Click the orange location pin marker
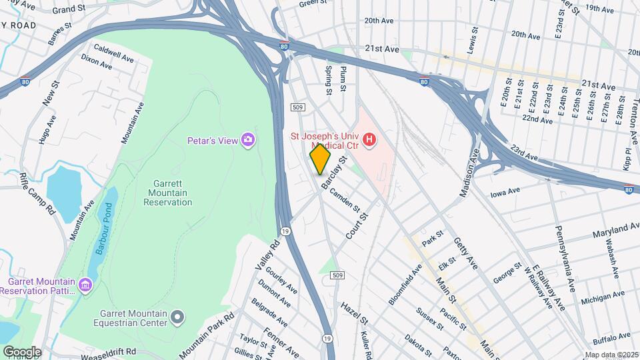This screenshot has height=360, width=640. tap(321, 159)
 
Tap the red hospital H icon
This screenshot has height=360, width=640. tap(367, 140)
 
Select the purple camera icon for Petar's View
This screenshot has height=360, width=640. tap(249, 139)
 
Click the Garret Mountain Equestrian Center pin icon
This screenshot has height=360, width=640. tap(177, 317)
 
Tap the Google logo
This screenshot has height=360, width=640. tap(21, 352)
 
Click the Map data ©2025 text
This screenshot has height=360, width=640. tap(611, 355)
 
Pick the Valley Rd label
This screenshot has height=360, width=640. tap(266, 255)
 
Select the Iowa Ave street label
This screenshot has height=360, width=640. tap(505, 193)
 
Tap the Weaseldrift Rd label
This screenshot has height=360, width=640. tap(103, 351)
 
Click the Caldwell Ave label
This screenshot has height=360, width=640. tap(113, 53)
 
